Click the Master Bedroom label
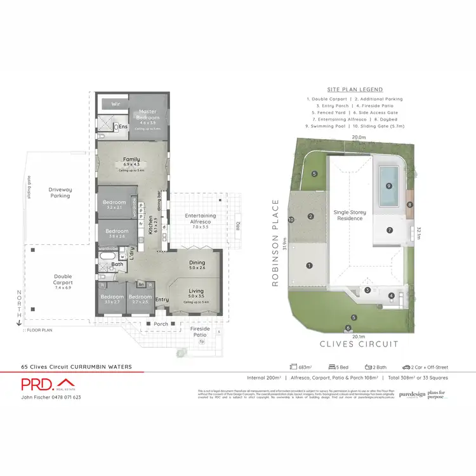coord(147,115)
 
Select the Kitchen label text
coord(150,226)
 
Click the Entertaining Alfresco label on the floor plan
coord(201,219)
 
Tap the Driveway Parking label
coord(62,192)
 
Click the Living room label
coord(196,293)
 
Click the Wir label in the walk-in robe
coord(116,103)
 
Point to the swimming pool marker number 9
coord(388,186)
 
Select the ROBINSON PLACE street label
coord(276,243)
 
